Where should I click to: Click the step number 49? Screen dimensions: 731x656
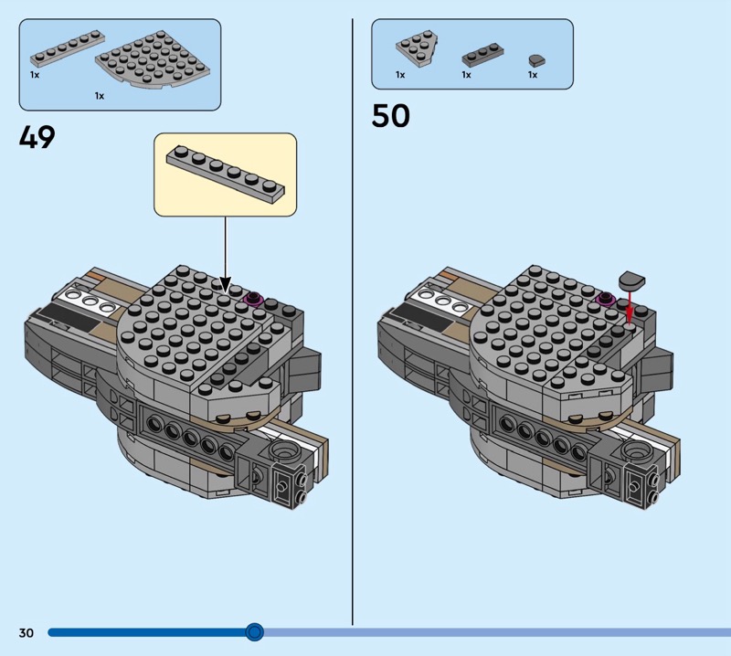pyautogui.click(x=37, y=137)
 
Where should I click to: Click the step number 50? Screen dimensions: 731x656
pyautogui.click(x=391, y=116)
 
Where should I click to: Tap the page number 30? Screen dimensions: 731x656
pyautogui.click(x=26, y=632)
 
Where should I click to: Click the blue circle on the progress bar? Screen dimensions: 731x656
pyautogui.click(x=254, y=631)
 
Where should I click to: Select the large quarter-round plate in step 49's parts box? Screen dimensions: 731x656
pyautogui.click(x=153, y=59)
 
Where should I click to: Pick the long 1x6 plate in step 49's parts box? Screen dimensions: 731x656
pyautogui.click(x=68, y=48)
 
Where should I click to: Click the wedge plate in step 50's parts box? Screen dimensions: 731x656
pyautogui.click(x=417, y=48)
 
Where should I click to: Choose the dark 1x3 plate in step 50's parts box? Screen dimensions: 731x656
pyautogui.click(x=482, y=55)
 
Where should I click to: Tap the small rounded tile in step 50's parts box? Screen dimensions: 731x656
pyautogui.click(x=536, y=60)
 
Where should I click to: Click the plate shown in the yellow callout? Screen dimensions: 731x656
pyautogui.click(x=226, y=174)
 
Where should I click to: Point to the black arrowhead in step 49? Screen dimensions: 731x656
pyautogui.click(x=225, y=284)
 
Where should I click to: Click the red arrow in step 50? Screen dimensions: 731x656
pyautogui.click(x=630, y=308)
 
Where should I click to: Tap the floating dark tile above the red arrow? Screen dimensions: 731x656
pyautogui.click(x=631, y=281)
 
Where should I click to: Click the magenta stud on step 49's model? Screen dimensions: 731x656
pyautogui.click(x=254, y=299)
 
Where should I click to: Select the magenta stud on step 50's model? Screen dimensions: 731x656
pyautogui.click(x=607, y=298)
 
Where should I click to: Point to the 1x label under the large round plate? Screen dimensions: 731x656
pyautogui.click(x=100, y=96)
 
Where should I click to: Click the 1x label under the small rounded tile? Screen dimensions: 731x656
pyautogui.click(x=533, y=75)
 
